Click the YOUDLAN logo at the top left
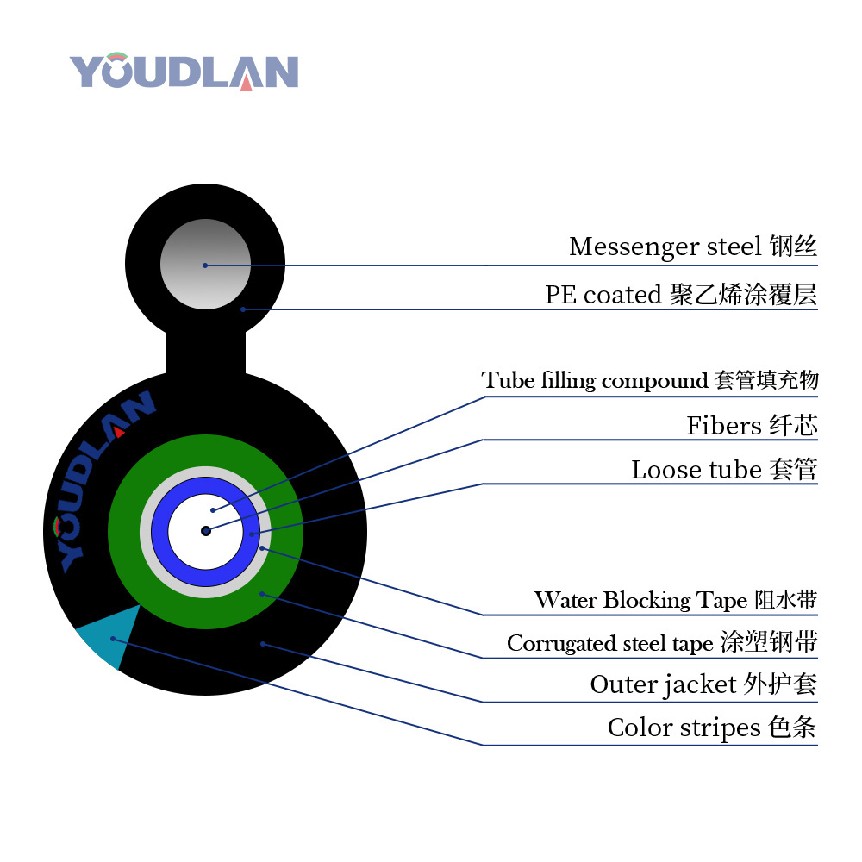pos(184,72)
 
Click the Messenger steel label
pos(692,247)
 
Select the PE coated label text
pos(680,296)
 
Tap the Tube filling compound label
pos(650,380)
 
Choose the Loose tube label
pos(724,470)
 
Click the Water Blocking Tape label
pos(675,600)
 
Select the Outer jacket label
pos(703,685)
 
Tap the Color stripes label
pos(712,728)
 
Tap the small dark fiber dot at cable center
pos(206,531)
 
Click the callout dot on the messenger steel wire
pos(205,265)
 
